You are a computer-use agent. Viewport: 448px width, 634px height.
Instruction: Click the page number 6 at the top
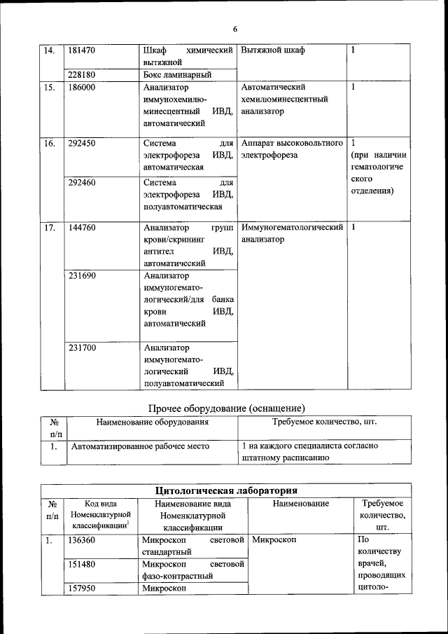coord(235,29)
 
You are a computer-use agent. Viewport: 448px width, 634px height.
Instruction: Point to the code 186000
coord(82,88)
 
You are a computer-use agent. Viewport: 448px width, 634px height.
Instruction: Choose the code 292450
coord(82,144)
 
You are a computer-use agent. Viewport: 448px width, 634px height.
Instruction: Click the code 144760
coord(82,228)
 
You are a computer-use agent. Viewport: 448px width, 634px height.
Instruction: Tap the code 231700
coord(82,347)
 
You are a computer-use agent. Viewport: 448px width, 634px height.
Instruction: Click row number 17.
coord(50,228)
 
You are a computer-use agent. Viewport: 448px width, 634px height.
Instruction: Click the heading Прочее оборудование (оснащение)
coord(227,408)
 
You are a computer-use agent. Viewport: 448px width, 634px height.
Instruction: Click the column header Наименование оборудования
coord(153,422)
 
